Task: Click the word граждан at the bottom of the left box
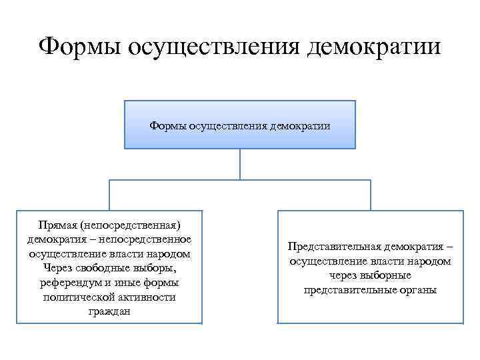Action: (x=109, y=312)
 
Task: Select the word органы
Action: (x=419, y=290)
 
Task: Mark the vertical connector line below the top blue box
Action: (x=241, y=164)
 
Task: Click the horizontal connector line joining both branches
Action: (x=241, y=180)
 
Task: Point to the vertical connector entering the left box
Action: (x=110, y=195)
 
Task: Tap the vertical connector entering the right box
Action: (x=371, y=195)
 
